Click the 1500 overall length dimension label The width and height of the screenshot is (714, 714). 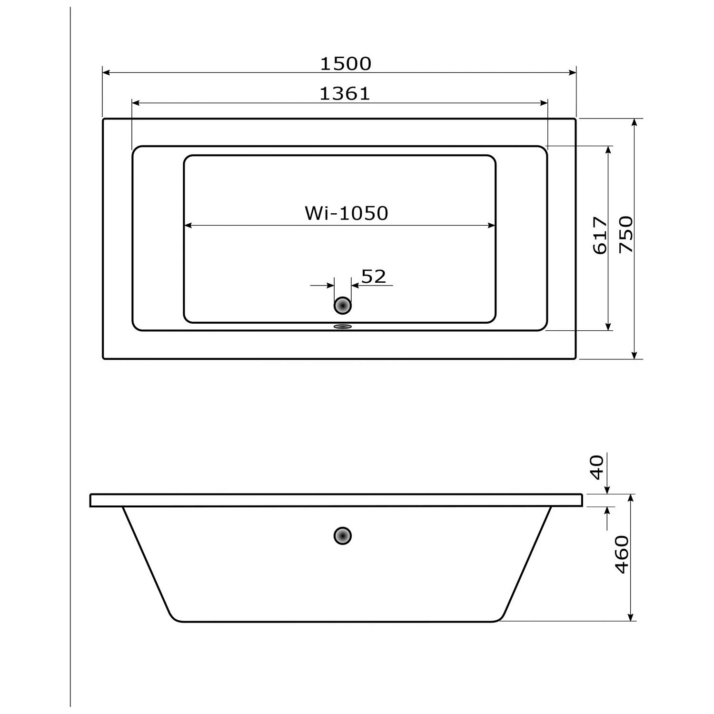[345, 64]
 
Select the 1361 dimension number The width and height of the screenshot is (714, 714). [344, 94]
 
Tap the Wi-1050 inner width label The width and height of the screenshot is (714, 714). [347, 213]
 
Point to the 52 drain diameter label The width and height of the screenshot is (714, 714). [374, 277]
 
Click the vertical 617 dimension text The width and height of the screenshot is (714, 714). [600, 236]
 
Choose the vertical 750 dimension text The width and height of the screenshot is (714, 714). [626, 234]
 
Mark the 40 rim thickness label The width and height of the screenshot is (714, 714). [597, 467]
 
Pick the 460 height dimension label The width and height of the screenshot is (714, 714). [622, 555]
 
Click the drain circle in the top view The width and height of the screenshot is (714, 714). [342, 305]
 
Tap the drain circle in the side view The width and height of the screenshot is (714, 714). [342, 536]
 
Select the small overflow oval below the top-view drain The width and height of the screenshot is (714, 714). [342, 327]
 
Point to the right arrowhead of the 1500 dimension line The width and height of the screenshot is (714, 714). [573, 72]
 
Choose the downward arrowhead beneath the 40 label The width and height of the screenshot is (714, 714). [607, 490]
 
